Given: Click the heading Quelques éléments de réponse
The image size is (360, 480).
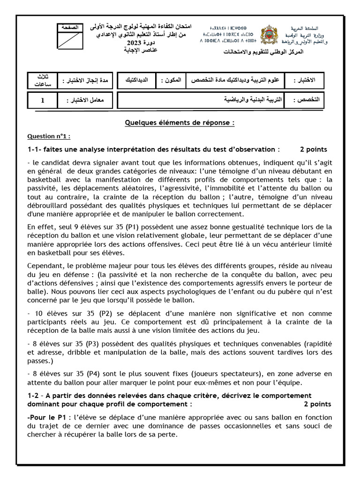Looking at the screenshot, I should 180,123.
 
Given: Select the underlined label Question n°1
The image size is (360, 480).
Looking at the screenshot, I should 49,136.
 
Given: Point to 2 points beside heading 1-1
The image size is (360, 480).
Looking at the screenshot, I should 313,150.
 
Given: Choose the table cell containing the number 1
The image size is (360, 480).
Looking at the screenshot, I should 42,100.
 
